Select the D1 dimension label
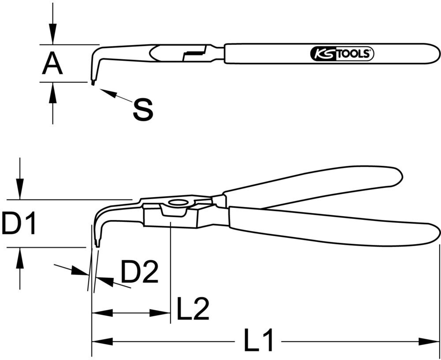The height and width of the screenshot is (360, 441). coord(18,224)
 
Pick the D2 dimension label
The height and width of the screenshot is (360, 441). coord(139,273)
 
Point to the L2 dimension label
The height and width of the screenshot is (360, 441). coord(193,309)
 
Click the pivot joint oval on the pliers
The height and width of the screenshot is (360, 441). coord(178,203)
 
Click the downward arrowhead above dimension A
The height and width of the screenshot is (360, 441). coord(52,35)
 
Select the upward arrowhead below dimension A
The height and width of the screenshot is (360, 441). coord(52,91)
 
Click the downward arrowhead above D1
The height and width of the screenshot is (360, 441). coord(19,190)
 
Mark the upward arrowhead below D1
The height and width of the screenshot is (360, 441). coord(19,258)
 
